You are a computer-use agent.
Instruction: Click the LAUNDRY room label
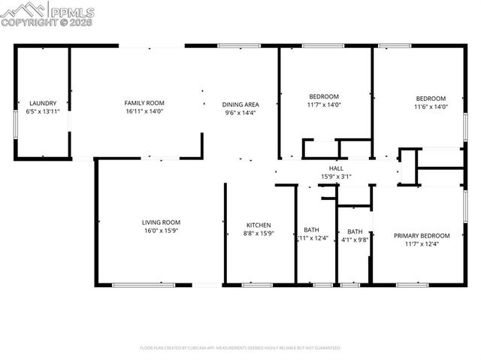tap(43, 103)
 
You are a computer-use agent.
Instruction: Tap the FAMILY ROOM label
tap(144, 103)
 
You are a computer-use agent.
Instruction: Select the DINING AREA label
tap(240, 104)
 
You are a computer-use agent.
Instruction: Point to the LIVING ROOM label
tap(161, 222)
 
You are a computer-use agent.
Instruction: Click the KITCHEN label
tap(259, 225)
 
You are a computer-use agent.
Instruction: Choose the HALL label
tap(335, 168)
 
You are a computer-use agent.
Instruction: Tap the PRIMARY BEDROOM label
tap(422, 235)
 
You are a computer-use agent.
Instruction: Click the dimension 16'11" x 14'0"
tap(144, 111)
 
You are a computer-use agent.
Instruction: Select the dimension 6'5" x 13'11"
tap(43, 111)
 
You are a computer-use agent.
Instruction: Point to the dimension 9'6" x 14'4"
tap(240, 113)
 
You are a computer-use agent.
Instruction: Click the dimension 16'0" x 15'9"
tap(161, 231)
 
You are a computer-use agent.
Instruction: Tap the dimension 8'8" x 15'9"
tap(259, 234)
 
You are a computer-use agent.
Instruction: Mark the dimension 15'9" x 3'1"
tap(335, 177)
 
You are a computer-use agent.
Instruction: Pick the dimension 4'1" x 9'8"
tap(355, 240)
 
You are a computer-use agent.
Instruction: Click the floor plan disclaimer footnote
tap(240, 348)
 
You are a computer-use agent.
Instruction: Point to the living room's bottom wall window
tap(144, 285)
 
